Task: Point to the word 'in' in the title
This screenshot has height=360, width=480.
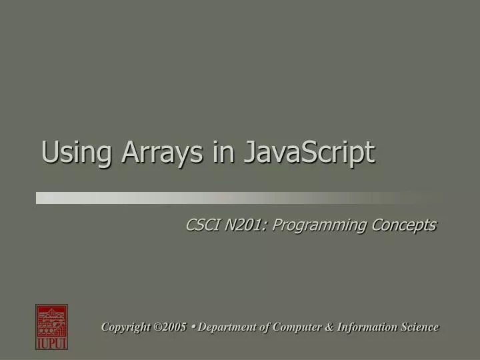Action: click(x=223, y=153)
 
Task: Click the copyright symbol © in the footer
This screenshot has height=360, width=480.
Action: click(x=157, y=327)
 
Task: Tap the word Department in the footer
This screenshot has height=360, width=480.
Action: click(x=227, y=327)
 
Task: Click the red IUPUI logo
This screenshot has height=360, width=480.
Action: click(x=51, y=327)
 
